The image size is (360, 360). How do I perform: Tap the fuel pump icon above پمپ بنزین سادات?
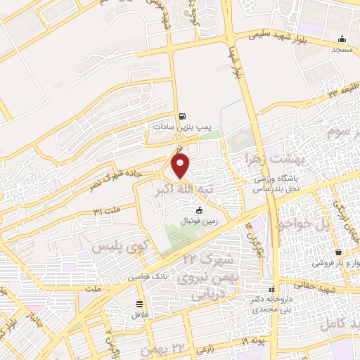click(x=183, y=116)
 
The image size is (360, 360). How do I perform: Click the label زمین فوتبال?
click(x=200, y=220)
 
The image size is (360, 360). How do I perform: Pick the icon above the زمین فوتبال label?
click(x=200, y=210)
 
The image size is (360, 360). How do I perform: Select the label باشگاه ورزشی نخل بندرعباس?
click(x=276, y=185)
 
